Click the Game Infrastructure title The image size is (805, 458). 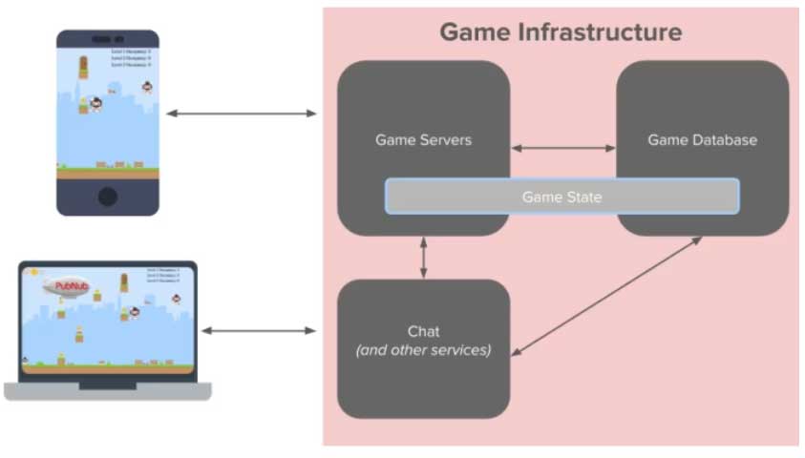[x=561, y=32]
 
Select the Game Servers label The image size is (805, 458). [x=423, y=140]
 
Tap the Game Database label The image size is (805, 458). [x=702, y=140]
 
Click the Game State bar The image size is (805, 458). [x=561, y=197]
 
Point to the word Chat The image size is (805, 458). [x=423, y=331]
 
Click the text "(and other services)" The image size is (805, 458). [x=423, y=350]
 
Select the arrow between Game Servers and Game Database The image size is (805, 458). [x=563, y=148]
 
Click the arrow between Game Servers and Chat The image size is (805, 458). [x=423, y=258]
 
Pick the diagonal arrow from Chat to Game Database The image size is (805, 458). [x=606, y=296]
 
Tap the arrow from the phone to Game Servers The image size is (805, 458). [x=241, y=114]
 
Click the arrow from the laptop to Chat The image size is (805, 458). [x=258, y=331]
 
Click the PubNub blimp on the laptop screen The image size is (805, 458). [x=65, y=285]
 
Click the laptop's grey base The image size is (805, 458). [x=107, y=390]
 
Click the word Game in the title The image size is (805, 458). [x=476, y=32]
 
